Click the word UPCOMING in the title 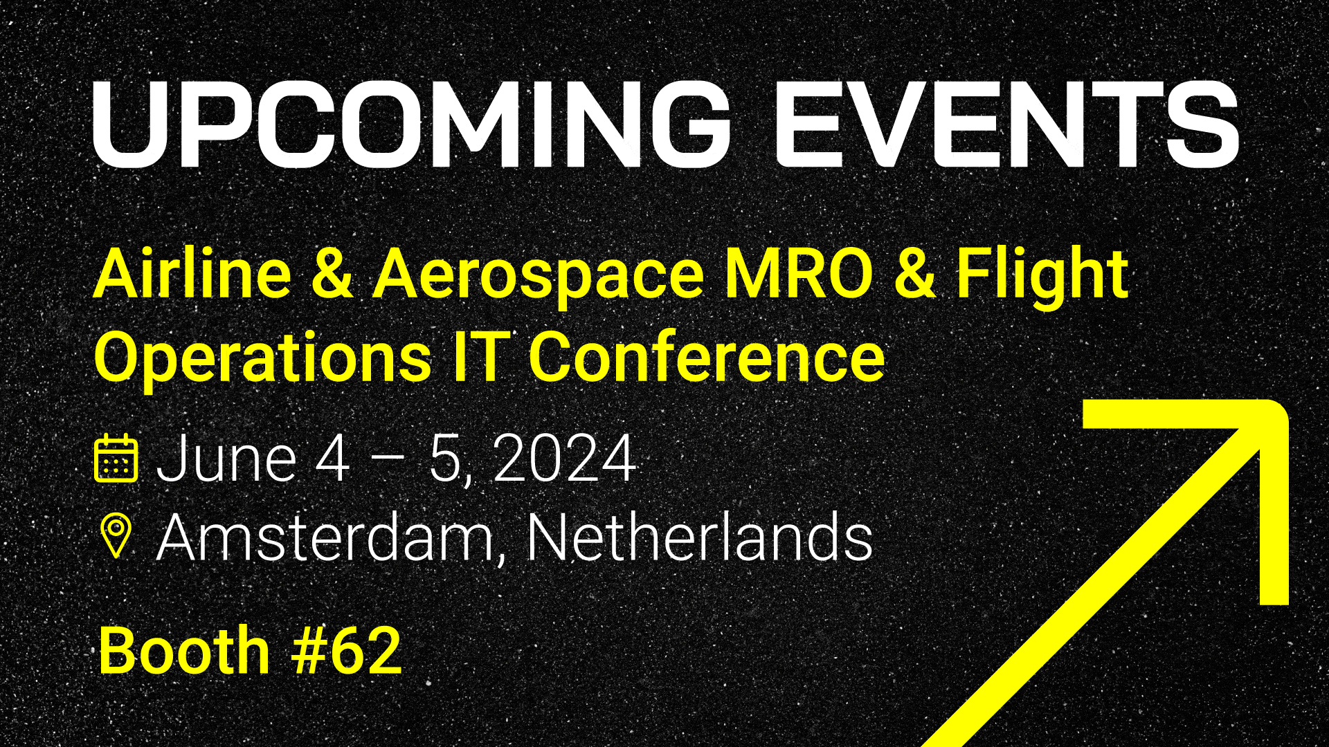(x=411, y=124)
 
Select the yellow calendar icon (x=116, y=458)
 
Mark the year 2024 (x=565, y=458)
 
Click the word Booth (x=184, y=650)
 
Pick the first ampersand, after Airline (x=332, y=274)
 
